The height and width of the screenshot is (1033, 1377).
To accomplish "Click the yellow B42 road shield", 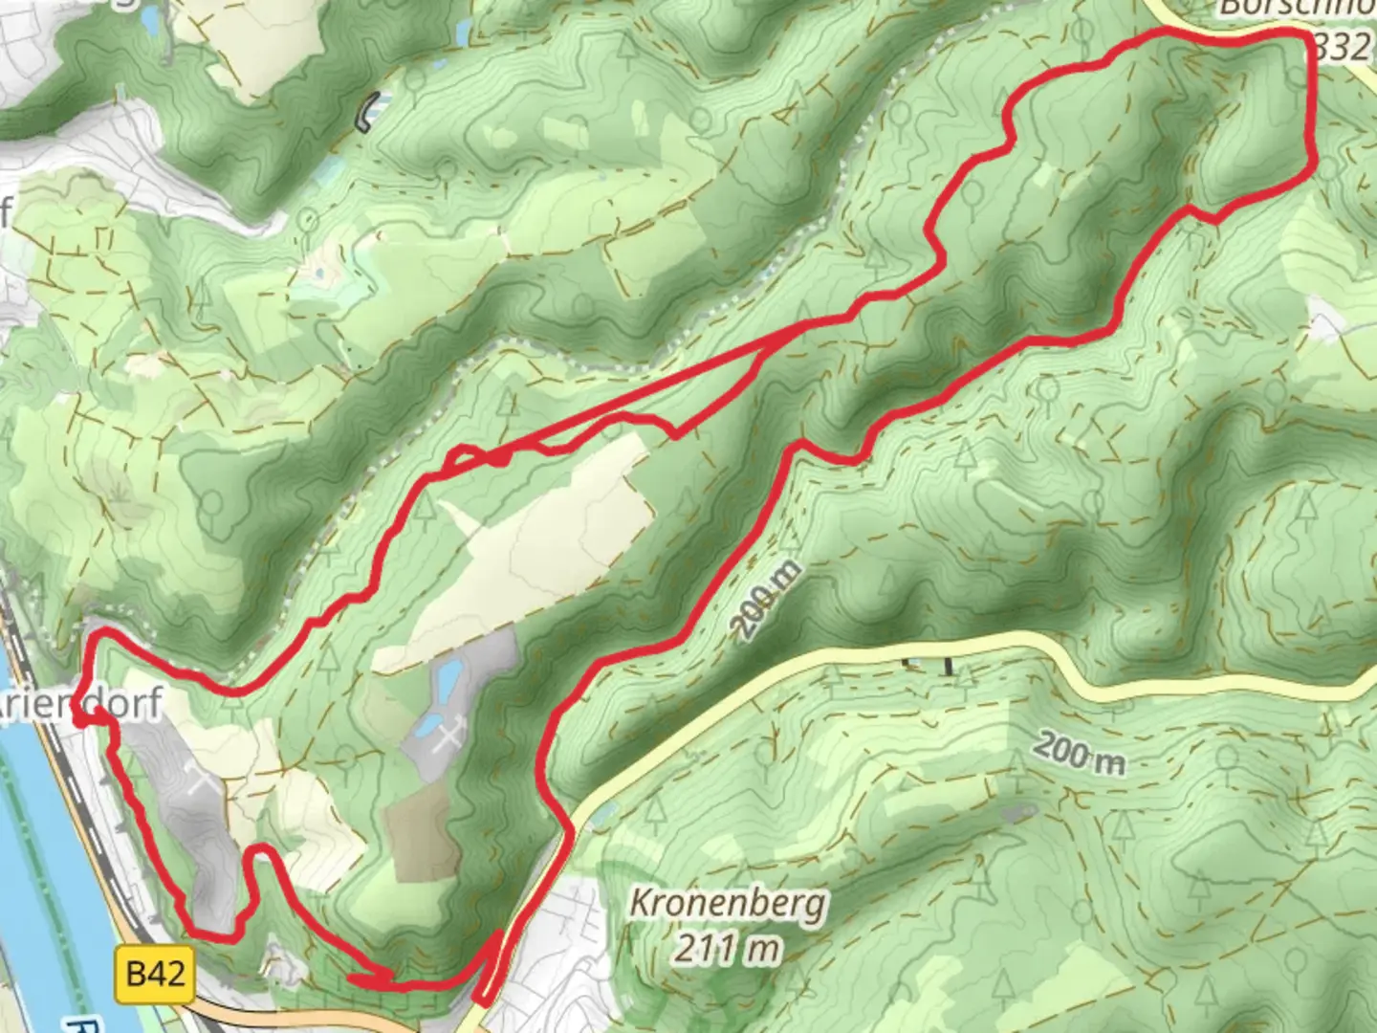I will click(x=155, y=975).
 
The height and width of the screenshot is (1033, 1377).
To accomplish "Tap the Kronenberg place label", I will click(x=729, y=903).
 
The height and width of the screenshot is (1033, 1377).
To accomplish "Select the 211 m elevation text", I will click(x=727, y=949).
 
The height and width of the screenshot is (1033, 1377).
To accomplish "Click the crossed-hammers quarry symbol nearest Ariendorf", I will click(x=203, y=781).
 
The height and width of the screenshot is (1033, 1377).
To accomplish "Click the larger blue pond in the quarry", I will click(x=446, y=681).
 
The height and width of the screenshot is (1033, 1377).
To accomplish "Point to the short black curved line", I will click(x=366, y=112).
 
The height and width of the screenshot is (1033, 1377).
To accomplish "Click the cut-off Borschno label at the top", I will click(x=1297, y=8).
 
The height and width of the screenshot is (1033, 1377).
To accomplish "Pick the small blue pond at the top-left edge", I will click(x=149, y=16).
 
